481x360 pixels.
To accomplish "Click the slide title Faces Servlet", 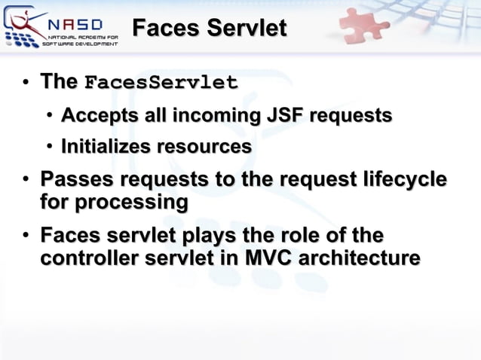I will (x=209, y=29).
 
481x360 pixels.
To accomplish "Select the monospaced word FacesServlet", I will (x=161, y=82).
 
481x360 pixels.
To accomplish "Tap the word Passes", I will (x=75, y=180).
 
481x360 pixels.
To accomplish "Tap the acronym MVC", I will (x=270, y=258).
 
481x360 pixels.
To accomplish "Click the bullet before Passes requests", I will (x=26, y=181).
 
